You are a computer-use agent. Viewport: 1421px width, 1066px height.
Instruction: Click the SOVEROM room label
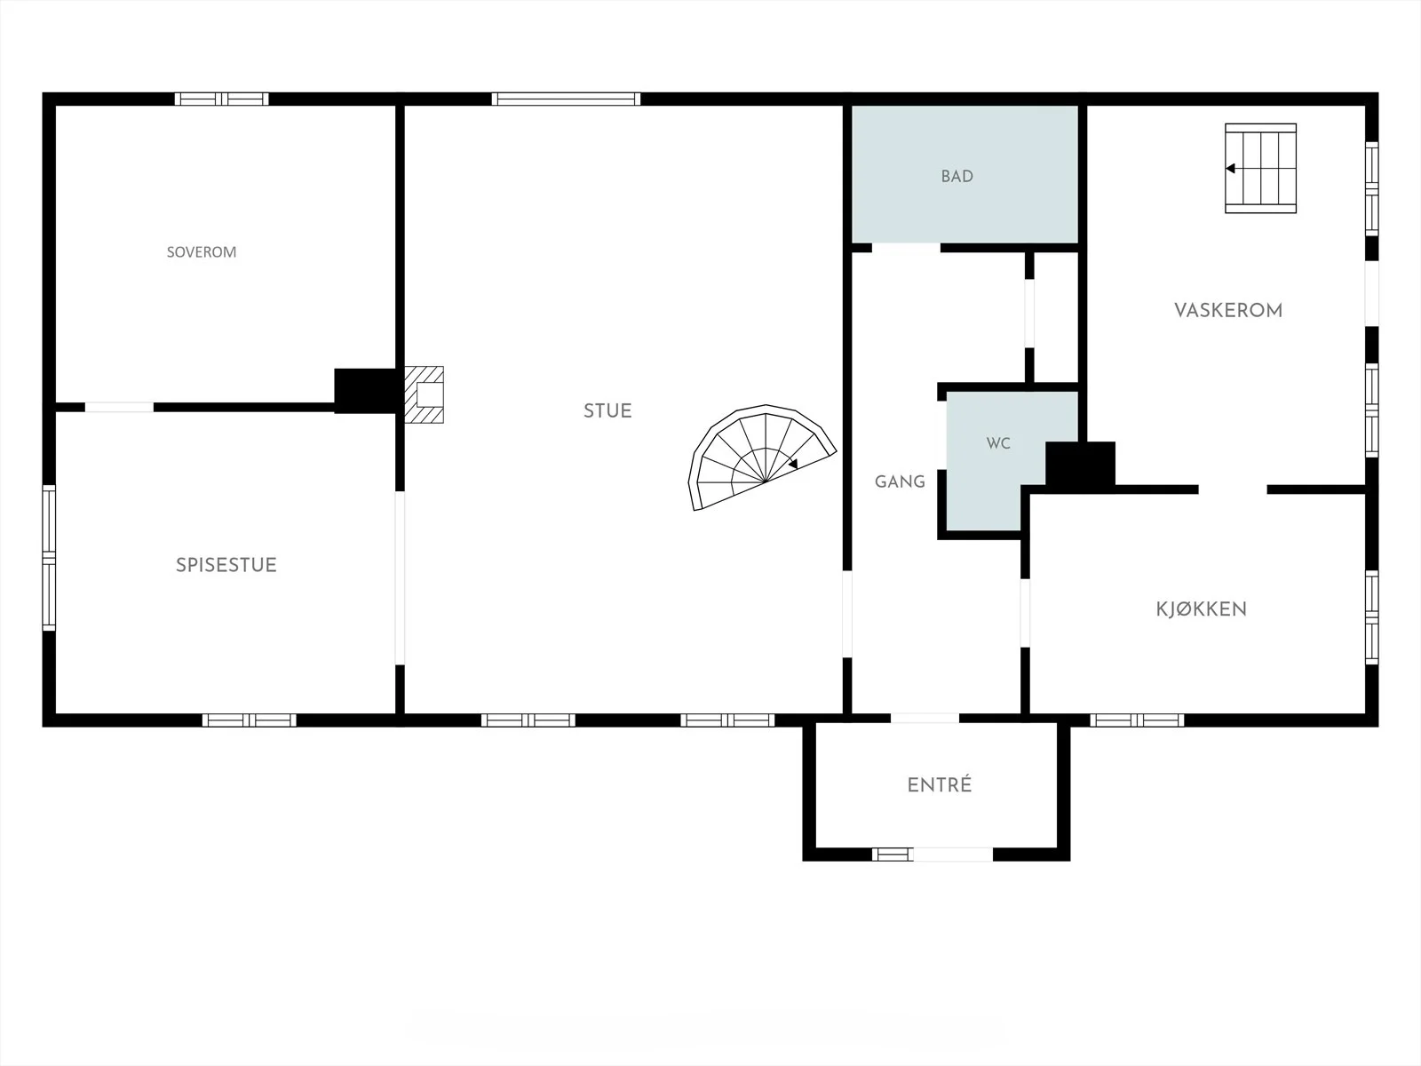coord(202,251)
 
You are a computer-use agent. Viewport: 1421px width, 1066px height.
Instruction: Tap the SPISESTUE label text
coord(226,565)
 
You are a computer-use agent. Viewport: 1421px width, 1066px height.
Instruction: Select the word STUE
coord(607,411)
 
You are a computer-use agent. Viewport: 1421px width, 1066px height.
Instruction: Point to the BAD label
coord(957,176)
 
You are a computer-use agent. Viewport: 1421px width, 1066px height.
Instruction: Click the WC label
coord(998,443)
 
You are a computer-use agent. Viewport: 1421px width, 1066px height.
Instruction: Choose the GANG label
coord(900,481)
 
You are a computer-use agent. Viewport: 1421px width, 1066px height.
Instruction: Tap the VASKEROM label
coord(1228,311)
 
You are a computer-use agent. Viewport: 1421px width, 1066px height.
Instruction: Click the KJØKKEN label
coord(1202,609)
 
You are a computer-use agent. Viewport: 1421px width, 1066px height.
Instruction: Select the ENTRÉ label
coord(940,785)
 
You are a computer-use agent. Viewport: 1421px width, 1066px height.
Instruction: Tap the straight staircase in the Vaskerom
coord(1260,168)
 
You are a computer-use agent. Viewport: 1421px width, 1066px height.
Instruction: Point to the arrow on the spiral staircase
coord(792,464)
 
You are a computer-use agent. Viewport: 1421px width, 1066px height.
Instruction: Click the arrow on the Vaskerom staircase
coord(1231,168)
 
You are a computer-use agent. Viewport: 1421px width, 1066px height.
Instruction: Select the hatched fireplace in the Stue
coord(425,394)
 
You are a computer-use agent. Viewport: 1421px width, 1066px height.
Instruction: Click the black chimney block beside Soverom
coord(365,390)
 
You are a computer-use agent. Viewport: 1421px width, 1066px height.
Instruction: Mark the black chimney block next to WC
coord(1080,464)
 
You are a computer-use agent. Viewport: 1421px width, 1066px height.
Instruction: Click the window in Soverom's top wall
coord(221,99)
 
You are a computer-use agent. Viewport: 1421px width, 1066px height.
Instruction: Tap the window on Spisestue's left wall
coord(49,557)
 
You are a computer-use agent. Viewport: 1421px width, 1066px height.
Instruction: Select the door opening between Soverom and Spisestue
coord(120,407)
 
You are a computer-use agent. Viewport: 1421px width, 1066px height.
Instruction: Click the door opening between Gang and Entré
coord(925,718)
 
